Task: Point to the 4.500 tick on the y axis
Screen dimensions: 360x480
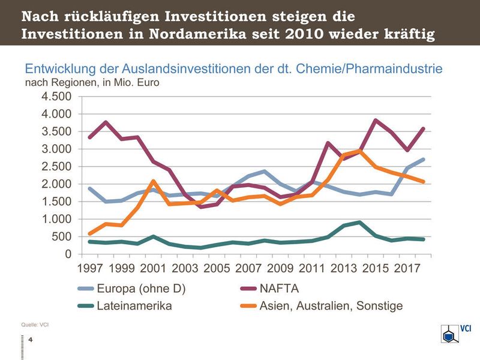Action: click(56, 97)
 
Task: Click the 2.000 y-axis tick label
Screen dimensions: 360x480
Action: click(56, 184)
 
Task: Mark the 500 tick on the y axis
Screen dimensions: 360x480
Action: click(62, 237)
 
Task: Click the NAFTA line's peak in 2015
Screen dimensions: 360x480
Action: click(376, 120)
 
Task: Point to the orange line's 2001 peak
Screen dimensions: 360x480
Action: click(154, 181)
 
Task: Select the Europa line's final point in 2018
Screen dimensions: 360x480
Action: click(424, 160)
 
